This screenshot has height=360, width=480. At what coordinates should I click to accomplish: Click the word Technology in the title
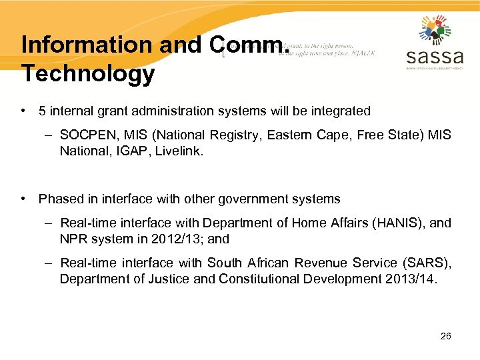point(88,74)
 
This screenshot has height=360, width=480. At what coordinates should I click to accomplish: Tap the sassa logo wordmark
point(434,55)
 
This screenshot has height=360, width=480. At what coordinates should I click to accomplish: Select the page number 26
point(446,336)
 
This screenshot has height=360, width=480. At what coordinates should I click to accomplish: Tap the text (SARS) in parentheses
point(424,263)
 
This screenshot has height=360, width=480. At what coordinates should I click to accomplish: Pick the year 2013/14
point(411,279)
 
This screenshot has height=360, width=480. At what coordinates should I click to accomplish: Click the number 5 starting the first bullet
point(42,111)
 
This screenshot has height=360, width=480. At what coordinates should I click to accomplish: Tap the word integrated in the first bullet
point(339,111)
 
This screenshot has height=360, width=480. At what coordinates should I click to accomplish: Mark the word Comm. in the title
point(249,45)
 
